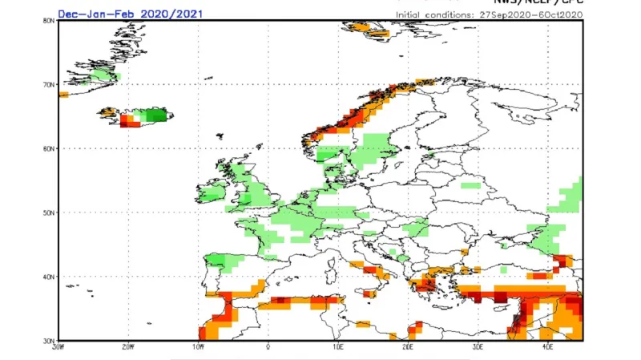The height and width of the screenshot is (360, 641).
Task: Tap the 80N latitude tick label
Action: click(x=49, y=21)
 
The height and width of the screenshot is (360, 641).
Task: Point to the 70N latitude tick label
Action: click(x=49, y=84)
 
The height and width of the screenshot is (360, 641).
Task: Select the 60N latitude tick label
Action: click(x=49, y=148)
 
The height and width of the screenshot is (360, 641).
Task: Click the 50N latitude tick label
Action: click(x=49, y=212)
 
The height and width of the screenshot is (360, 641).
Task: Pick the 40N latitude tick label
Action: click(x=49, y=277)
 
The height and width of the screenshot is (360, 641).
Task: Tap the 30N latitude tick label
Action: click(x=49, y=340)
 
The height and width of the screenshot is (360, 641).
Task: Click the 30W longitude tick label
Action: click(x=57, y=347)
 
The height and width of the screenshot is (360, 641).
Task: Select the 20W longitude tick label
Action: click(x=127, y=347)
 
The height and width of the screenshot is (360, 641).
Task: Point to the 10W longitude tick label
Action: click(x=198, y=347)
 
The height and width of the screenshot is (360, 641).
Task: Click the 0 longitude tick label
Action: click(x=268, y=347)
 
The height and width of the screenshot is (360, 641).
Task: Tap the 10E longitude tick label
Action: click(x=337, y=347)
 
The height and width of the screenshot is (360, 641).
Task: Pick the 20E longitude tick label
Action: click(x=408, y=347)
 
